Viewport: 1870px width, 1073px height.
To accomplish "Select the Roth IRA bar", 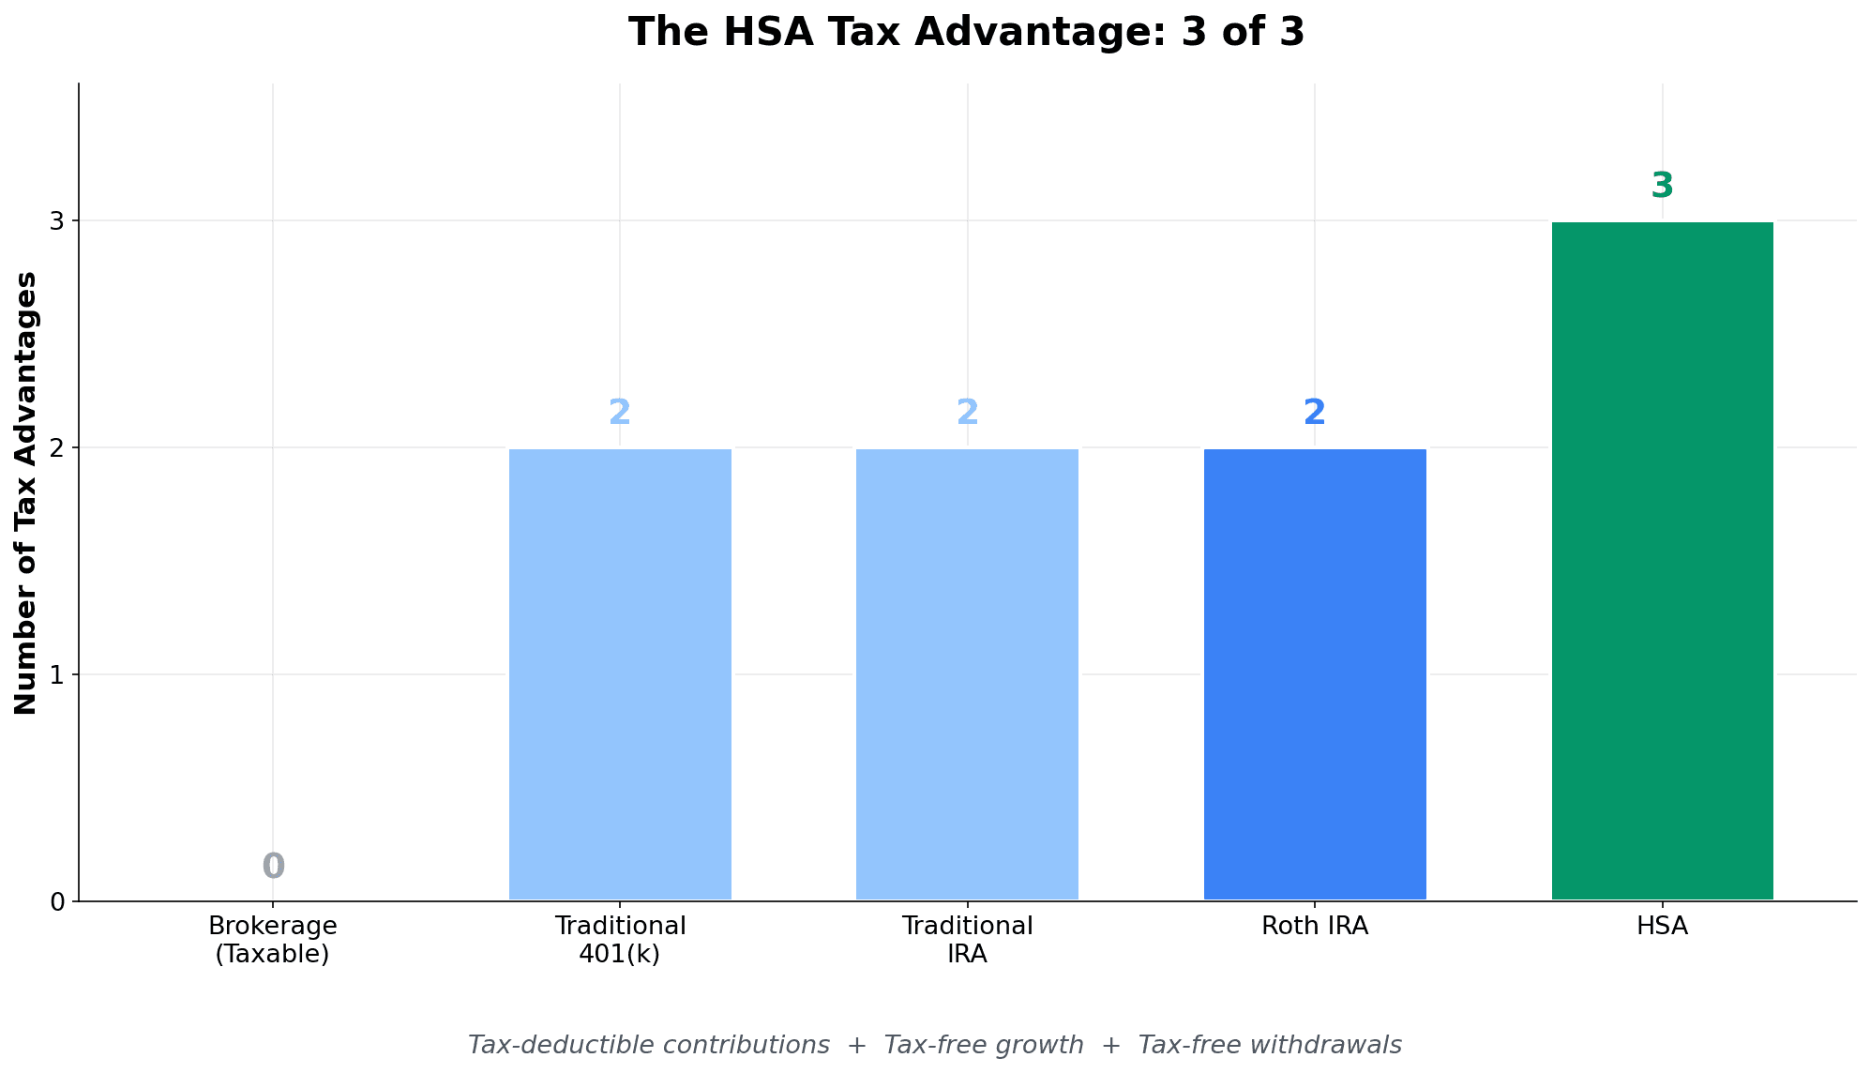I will coord(1315,674).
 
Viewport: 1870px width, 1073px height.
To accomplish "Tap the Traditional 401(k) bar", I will coord(620,674).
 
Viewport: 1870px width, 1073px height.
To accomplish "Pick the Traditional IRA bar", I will coord(967,674).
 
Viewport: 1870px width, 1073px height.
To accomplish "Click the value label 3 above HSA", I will coord(1662,186).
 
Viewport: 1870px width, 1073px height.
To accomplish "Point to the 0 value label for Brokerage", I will coord(273,866).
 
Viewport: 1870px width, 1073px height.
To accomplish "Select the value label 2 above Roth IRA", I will coord(1315,413).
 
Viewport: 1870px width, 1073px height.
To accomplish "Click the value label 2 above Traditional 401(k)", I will coord(620,413).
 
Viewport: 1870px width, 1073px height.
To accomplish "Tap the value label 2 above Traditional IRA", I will coord(967,413).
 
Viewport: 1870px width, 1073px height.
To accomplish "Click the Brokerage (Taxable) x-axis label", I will coord(273,940).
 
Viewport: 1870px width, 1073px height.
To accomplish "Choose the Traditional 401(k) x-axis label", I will coord(620,940).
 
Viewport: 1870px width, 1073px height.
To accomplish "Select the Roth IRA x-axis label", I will coord(1315,927).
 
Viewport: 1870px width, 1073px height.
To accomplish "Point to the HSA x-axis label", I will coord(1662,927).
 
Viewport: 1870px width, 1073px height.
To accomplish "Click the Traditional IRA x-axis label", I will coord(967,940).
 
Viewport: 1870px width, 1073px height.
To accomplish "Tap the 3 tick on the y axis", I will coord(58,221).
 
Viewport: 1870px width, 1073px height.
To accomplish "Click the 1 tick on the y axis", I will coord(58,674).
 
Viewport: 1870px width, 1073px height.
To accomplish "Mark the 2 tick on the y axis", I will coord(58,448).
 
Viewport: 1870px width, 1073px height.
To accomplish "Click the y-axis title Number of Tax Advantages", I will coord(26,493).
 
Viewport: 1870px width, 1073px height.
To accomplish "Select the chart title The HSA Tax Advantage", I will coord(966,32).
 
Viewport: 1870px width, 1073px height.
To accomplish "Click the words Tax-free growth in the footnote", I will coord(984,1045).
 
